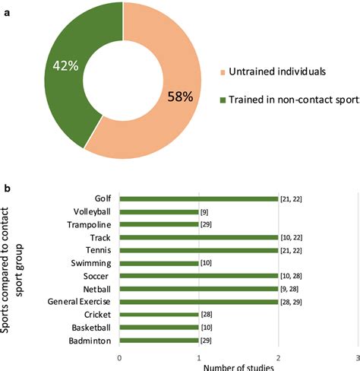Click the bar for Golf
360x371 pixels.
[198, 199]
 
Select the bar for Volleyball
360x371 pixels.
[159, 212]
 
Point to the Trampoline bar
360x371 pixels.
[159, 225]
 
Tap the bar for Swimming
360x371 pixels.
[159, 263]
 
